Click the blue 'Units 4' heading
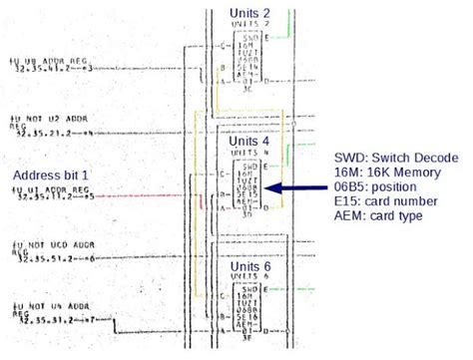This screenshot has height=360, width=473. point(249,142)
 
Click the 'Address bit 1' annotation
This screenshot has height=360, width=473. point(50,176)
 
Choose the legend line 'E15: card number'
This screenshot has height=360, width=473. point(387,200)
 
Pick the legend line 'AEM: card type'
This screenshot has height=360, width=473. point(381,214)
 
